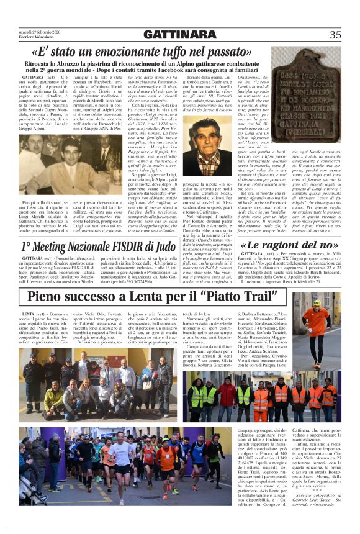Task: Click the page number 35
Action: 335,35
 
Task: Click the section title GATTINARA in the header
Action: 179,34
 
